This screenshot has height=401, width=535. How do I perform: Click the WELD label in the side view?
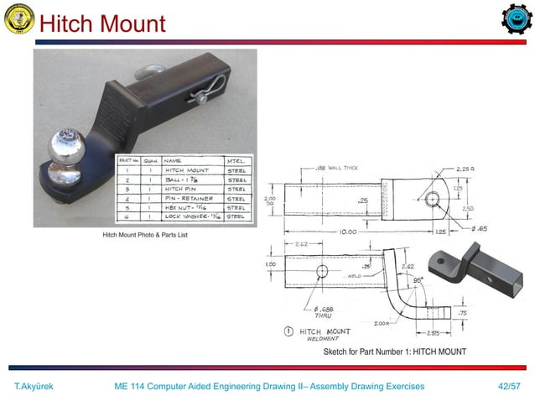356,273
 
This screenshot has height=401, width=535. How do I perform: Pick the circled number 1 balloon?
289,331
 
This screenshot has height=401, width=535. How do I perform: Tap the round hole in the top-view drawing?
431,200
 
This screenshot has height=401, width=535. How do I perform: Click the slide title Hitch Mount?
102,23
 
